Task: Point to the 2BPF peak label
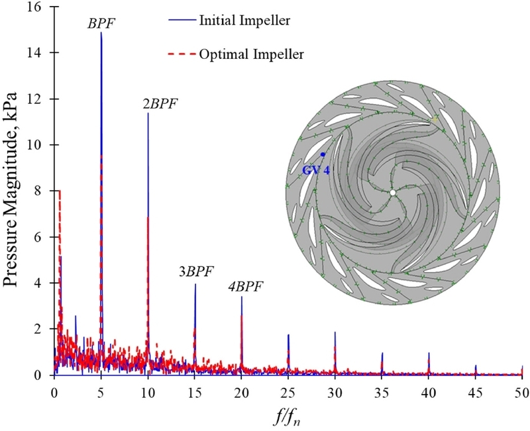160,104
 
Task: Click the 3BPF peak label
195,272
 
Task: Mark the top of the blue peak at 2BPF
148,114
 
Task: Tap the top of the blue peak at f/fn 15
195,285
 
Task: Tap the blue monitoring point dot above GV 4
323,154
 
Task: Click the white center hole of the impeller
392,193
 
